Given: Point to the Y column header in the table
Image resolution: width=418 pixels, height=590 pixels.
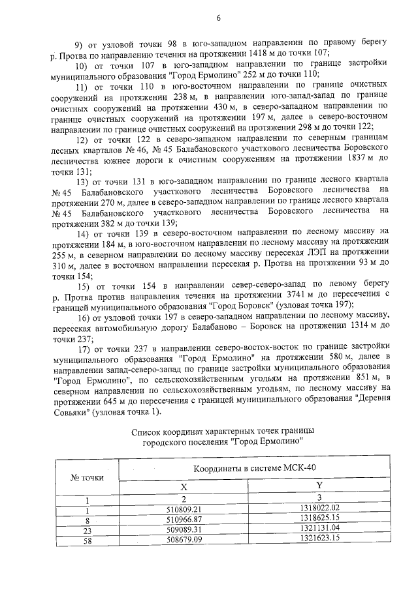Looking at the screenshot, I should [x=319, y=485].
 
